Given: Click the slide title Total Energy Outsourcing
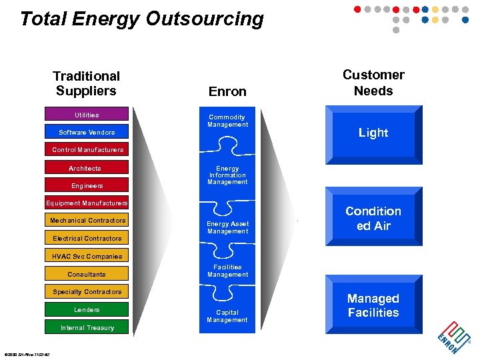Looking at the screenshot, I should (142, 19).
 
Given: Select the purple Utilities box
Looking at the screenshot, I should (87, 115).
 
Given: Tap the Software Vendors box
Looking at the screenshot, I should (87, 132).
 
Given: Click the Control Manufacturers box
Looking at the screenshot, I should (87, 150).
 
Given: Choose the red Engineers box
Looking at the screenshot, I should (87, 185).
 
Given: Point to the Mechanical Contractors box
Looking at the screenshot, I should (87, 221).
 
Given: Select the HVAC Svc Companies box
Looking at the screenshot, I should (87, 256).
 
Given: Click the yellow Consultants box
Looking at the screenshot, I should (87, 274).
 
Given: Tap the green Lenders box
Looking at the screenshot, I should (87, 309).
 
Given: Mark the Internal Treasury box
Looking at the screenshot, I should (87, 327).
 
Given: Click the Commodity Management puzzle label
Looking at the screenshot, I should (227, 121).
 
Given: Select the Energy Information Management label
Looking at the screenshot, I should (227, 175).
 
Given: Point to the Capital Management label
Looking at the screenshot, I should (227, 316).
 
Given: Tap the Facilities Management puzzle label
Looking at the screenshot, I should (227, 271).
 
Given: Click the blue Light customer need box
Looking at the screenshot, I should (373, 133).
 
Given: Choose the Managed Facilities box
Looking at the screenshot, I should (373, 305).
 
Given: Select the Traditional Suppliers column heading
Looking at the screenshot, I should (87, 83).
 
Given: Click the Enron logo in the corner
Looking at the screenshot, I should (453, 337).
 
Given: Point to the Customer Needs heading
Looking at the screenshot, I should (373, 83).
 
